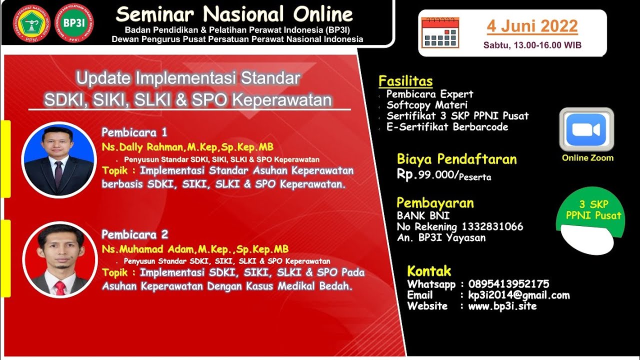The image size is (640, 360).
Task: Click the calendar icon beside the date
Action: click(x=439, y=32)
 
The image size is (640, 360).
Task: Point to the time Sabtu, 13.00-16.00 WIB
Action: click(x=532, y=45)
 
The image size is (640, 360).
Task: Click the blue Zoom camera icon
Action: click(x=586, y=129)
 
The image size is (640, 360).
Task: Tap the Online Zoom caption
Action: click(x=587, y=158)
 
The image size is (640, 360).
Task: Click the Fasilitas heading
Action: click(x=405, y=81)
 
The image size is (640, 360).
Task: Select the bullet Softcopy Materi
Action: click(x=427, y=105)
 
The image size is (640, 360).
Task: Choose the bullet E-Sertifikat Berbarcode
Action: click(x=447, y=127)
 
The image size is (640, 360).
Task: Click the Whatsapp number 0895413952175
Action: click(x=508, y=284)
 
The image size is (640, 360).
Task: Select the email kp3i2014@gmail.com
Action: click(x=518, y=295)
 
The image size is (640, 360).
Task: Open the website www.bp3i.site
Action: click(x=502, y=306)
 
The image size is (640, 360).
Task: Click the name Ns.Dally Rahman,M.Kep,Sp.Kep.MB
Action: click(x=187, y=147)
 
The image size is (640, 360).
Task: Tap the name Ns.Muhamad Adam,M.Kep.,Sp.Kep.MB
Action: click(x=195, y=249)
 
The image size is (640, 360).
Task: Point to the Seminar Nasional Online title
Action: click(x=234, y=14)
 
